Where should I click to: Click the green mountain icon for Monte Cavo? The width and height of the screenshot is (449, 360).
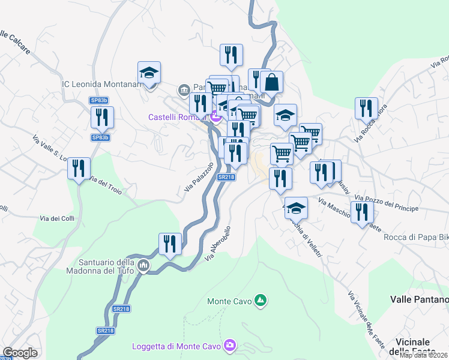261,299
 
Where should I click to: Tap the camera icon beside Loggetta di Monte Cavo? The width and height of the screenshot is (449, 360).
229,346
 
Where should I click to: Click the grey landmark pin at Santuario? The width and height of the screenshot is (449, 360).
143,265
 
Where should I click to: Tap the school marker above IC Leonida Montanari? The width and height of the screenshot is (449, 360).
149,74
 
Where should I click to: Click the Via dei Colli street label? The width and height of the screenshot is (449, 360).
57,218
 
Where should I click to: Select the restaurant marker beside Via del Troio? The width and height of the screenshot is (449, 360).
79,170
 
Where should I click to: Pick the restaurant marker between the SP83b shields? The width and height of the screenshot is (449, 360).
103,118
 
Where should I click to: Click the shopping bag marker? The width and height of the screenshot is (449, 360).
271,83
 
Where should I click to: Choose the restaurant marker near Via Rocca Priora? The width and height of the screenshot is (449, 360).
366,110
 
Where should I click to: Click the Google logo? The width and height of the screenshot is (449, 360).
20,353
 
